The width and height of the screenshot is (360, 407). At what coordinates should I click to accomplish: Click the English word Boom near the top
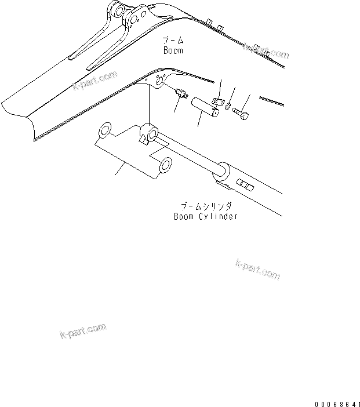click(x=173, y=50)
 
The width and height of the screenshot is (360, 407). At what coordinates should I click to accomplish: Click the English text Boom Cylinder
click(x=206, y=216)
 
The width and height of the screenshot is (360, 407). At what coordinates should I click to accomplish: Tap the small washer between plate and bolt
click(x=231, y=107)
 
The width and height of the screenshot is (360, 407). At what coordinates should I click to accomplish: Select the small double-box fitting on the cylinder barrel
click(x=245, y=186)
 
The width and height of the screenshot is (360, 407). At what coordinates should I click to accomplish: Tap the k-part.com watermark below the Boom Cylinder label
click(x=258, y=268)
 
